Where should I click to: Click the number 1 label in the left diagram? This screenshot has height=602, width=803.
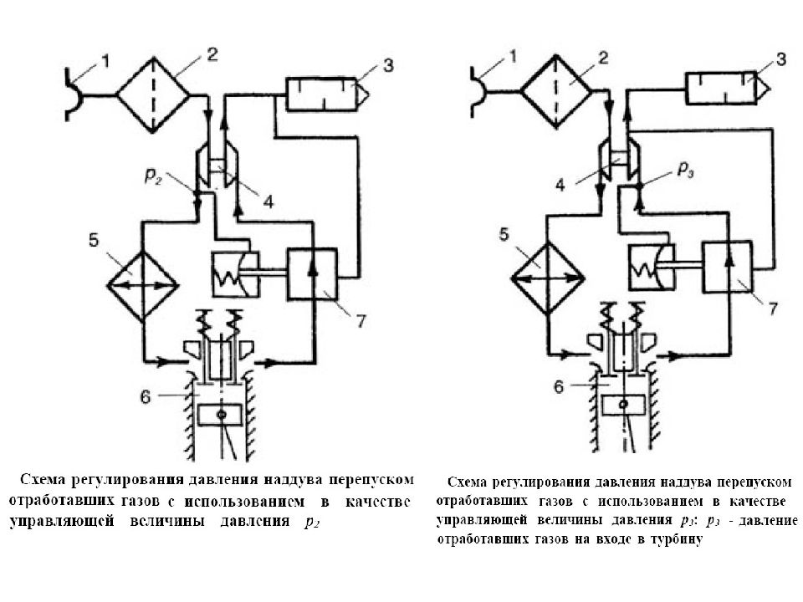[105, 63]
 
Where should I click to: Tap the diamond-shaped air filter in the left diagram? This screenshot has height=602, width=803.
[153, 95]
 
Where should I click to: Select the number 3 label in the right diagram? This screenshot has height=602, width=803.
[780, 59]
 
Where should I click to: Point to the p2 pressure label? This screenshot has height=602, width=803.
[153, 176]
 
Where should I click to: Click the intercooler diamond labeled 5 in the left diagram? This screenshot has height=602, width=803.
[143, 286]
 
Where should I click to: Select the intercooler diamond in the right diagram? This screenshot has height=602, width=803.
[548, 278]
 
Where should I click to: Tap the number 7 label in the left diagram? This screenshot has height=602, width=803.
[361, 320]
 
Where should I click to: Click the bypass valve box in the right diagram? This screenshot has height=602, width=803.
[728, 266]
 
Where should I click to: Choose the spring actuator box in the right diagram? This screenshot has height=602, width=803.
[652, 268]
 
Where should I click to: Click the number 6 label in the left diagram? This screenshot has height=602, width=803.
[146, 396]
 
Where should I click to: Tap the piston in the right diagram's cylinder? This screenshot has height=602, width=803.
[623, 405]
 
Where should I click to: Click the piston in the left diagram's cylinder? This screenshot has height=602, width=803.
[220, 415]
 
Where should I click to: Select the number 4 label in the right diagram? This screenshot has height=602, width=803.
[560, 186]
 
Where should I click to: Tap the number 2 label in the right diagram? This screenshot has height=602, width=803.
[603, 58]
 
